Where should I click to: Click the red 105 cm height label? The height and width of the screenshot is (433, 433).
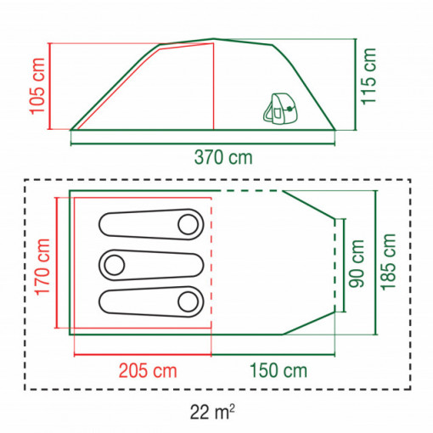37,87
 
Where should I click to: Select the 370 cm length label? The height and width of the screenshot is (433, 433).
223,157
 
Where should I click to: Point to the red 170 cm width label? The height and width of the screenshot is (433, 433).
42,267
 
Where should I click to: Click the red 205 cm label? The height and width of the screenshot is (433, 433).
148,371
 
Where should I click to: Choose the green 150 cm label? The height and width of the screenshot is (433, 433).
278,371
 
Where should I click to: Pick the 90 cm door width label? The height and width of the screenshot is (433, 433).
357,263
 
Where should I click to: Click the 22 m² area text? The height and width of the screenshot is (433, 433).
212,412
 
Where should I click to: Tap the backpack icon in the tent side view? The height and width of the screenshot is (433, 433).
280,109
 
